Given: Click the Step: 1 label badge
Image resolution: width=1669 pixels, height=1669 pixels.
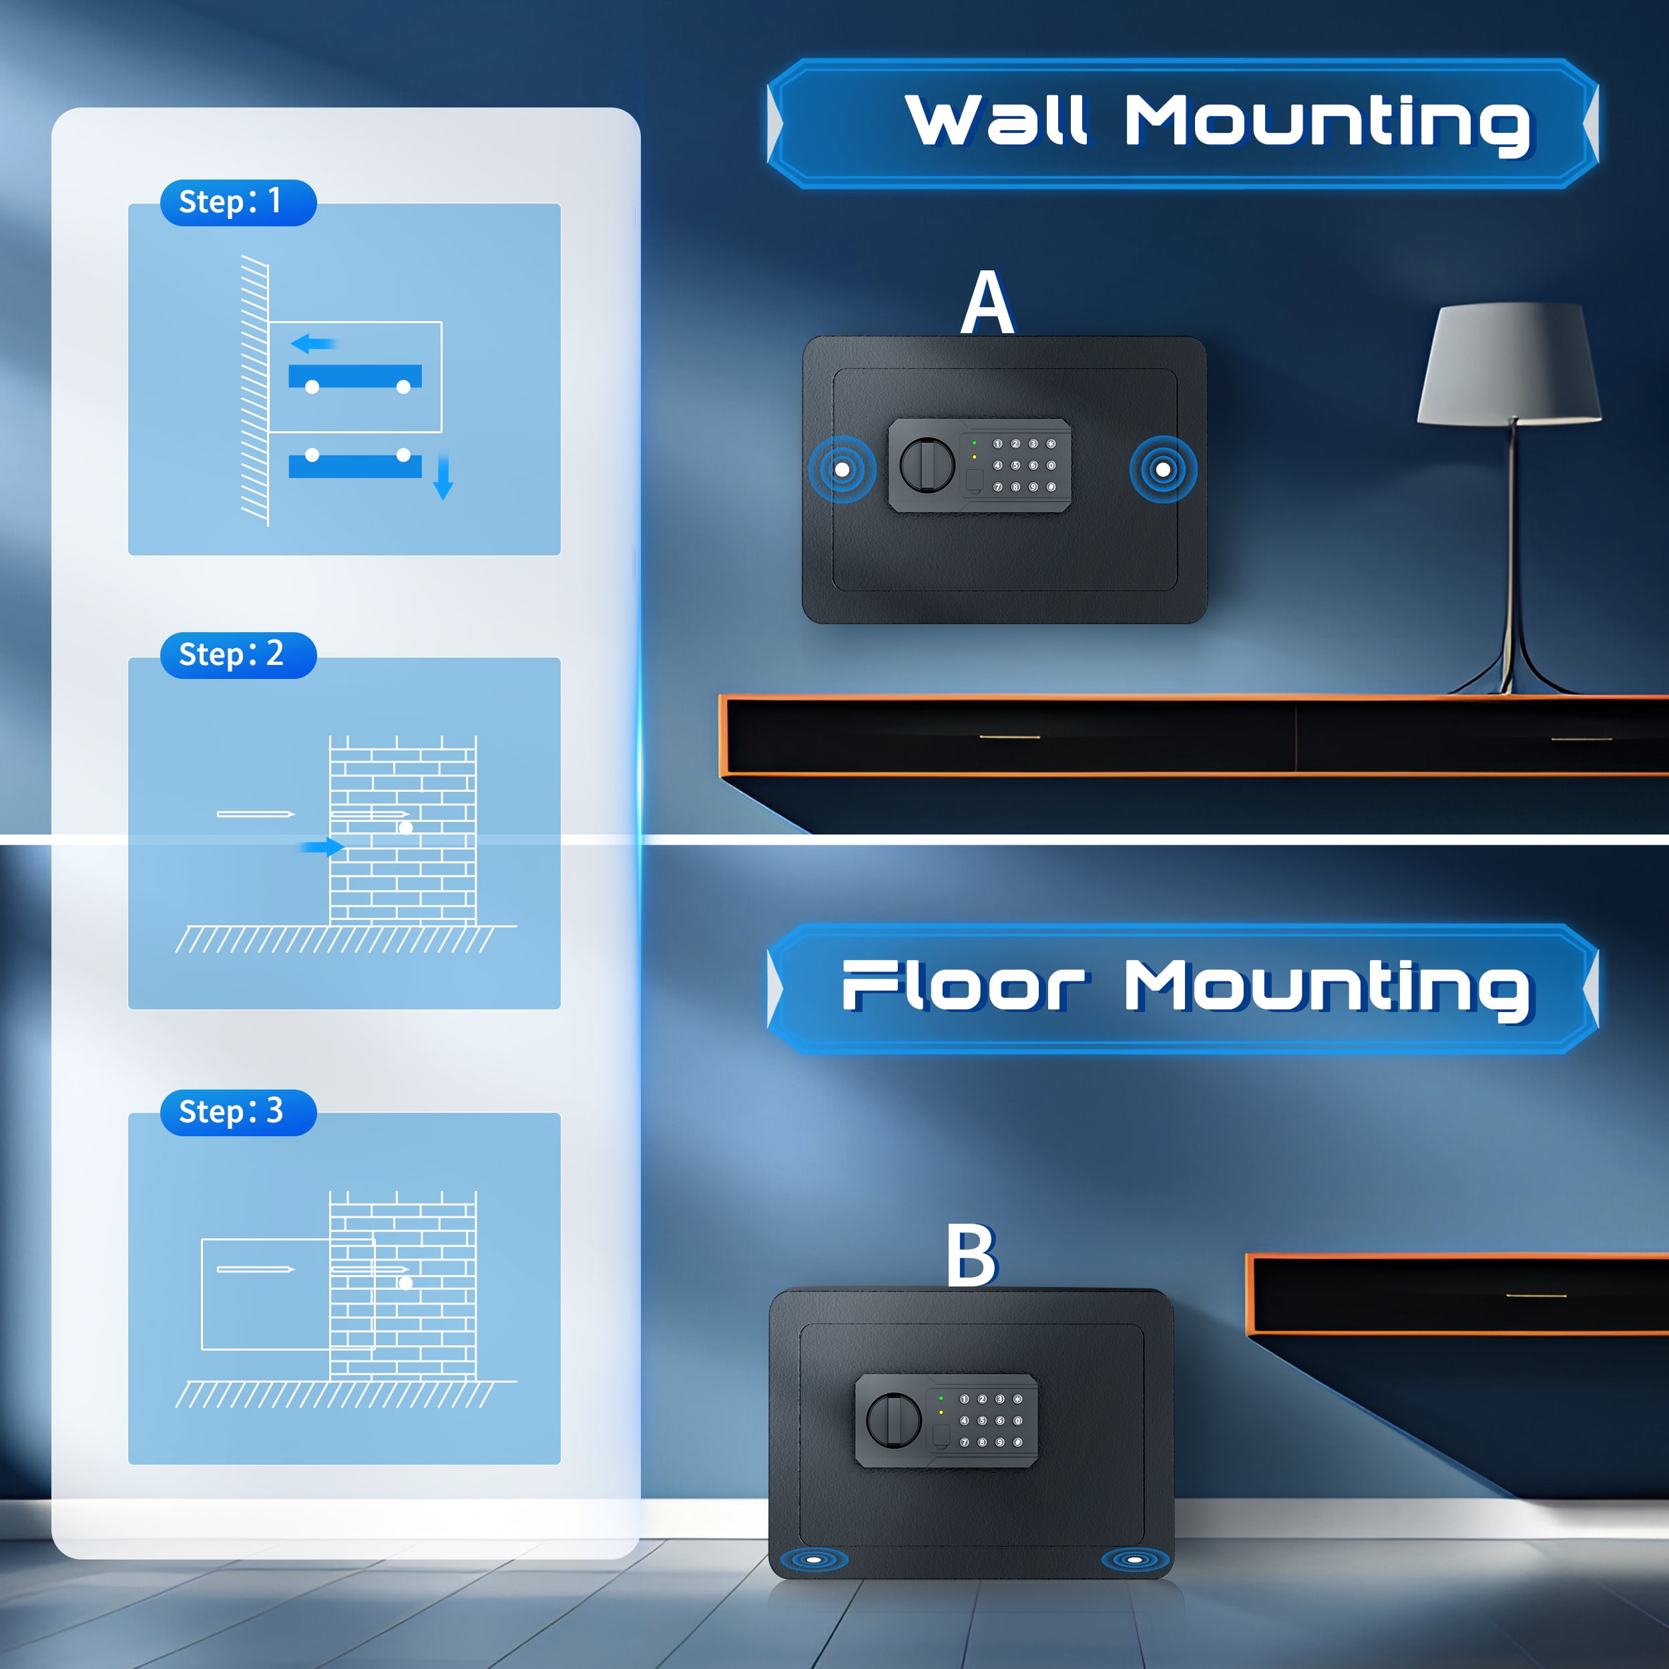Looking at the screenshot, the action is (238, 203).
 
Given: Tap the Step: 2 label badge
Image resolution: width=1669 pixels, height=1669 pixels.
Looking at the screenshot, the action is (238, 656).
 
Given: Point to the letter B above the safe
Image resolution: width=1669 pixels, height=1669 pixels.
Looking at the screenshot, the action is (972, 1255).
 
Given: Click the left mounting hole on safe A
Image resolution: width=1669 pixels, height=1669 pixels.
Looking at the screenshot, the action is (841, 469).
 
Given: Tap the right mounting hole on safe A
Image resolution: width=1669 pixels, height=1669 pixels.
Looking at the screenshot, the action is (1164, 469).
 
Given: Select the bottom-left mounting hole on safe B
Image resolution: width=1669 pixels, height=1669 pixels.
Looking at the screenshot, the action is (814, 1560).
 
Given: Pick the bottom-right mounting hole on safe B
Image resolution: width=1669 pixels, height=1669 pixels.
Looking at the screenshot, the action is (1135, 1560).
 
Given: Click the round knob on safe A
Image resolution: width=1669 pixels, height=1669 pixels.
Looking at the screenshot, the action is (927, 465).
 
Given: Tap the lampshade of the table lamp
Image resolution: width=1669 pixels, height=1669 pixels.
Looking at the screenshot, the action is (1509, 363).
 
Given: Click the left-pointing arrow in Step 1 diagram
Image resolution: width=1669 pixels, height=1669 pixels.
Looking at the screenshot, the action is (312, 344).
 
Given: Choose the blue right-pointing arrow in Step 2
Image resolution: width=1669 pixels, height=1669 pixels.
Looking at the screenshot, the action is (322, 847).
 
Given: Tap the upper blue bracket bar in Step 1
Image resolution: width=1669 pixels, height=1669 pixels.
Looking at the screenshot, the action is (355, 377).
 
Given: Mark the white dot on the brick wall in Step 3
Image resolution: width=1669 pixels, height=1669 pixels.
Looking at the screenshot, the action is (405, 1283).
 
